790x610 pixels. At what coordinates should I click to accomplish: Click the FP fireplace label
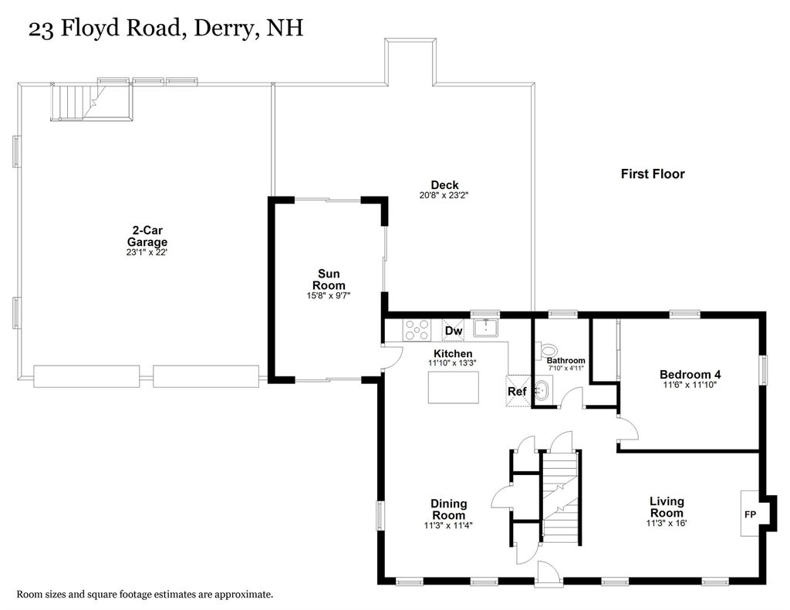coord(750,514)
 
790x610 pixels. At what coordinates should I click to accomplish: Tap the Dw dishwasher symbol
coord(454,330)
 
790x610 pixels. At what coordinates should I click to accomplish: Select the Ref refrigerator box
coord(518,390)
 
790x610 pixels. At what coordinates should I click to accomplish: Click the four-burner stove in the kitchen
coord(417,330)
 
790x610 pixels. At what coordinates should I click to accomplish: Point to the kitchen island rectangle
coord(454,387)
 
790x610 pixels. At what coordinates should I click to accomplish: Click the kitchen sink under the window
coord(486,328)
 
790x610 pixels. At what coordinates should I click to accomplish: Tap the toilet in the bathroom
coord(545,349)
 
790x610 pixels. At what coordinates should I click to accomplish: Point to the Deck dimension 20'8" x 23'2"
coord(444,195)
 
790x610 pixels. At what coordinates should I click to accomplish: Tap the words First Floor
coord(653,174)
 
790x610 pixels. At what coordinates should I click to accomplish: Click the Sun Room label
coord(329,279)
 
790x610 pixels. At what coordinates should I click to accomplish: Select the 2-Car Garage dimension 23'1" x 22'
coord(147,252)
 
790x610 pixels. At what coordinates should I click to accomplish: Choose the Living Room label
coord(667,507)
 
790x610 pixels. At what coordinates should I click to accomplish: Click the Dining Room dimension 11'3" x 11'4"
coord(448,525)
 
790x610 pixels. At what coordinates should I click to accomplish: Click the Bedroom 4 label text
coord(690,374)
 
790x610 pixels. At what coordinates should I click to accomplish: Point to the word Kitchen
coord(453,354)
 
